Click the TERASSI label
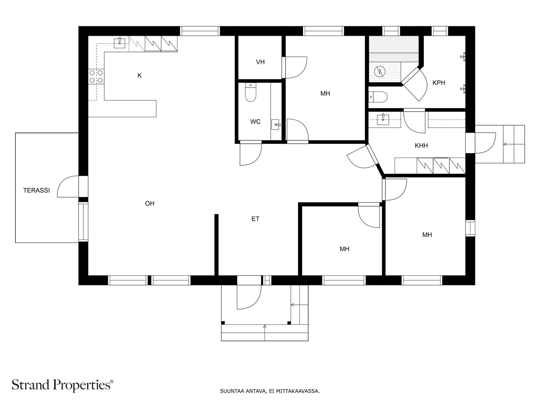coord(36,190)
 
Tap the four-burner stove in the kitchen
coord(96,77)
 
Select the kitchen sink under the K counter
coord(119,42)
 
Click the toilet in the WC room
coord(250,92)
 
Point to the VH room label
coord(260,62)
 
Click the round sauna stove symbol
coord(380,72)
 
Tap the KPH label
coord(439,83)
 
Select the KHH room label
coord(421,146)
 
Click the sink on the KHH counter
coord(383,119)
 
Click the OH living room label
coord(150,204)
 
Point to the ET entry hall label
coord(255,219)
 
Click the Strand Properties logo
coord(62,385)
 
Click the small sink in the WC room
coord(276,125)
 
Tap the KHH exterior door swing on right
coord(485,143)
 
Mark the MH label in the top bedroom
coord(325,93)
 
